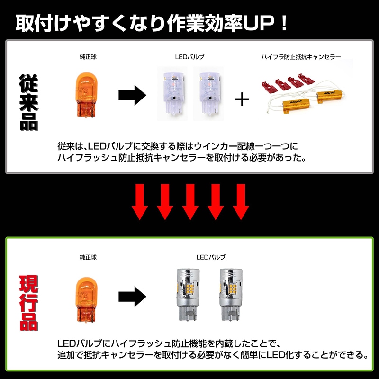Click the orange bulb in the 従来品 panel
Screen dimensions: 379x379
click(x=86, y=95)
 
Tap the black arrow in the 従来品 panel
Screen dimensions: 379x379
click(x=132, y=95)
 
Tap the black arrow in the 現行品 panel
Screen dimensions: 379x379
click(x=132, y=297)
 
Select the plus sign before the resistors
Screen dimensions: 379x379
click(x=242, y=99)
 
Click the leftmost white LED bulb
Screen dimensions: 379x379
click(x=172, y=93)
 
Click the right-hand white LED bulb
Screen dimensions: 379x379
click(x=208, y=93)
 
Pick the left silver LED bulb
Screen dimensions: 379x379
click(x=188, y=294)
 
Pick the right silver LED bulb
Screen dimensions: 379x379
click(x=231, y=294)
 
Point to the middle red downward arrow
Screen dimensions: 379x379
click(x=190, y=202)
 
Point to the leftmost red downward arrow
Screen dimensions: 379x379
click(x=140, y=202)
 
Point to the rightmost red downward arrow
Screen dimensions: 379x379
click(x=241, y=202)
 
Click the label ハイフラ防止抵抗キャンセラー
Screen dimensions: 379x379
click(x=301, y=57)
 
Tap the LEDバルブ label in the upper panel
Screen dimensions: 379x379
click(x=190, y=57)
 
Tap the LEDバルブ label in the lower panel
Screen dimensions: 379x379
click(x=211, y=257)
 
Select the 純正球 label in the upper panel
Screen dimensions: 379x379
click(x=88, y=57)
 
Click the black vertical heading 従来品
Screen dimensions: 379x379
click(x=29, y=102)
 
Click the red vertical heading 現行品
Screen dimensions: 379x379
click(x=29, y=303)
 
